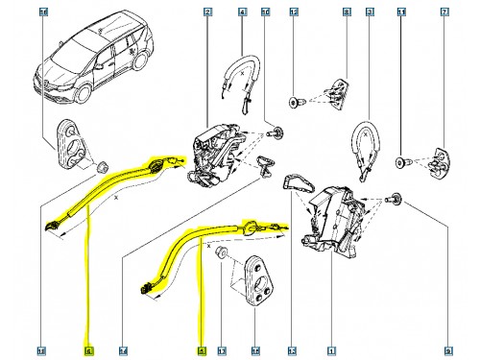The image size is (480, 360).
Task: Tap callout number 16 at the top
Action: pyautogui.click(x=41, y=12)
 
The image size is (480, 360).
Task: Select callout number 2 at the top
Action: pyautogui.click(x=208, y=12)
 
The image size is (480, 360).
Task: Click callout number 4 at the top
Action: pyautogui.click(x=242, y=12)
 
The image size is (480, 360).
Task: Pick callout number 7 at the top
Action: pyautogui.click(x=444, y=12)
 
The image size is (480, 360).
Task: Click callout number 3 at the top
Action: pyautogui.click(x=370, y=12)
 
